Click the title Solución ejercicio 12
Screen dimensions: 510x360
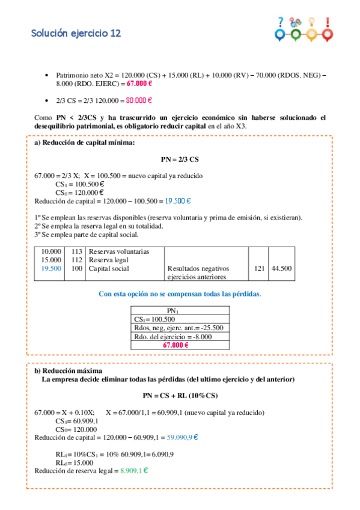point(76,34)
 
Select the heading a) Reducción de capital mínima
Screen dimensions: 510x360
point(85,143)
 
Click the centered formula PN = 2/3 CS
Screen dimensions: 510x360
point(180,160)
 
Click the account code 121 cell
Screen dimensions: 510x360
point(259,268)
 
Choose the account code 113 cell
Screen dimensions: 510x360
point(76,251)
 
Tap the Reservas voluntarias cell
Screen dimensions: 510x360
point(118,251)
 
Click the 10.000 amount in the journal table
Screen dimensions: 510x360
point(51,251)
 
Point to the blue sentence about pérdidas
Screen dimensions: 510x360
point(180,294)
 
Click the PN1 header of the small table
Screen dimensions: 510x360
point(180,310)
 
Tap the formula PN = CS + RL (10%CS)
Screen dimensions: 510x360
point(180,396)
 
